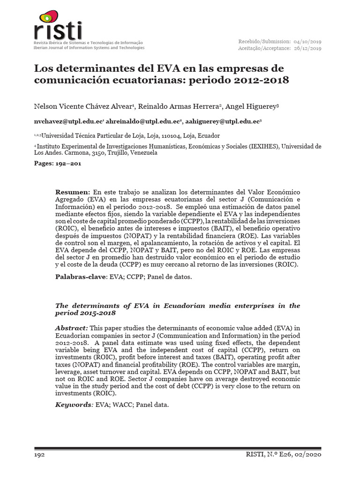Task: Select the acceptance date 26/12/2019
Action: [x=307, y=48]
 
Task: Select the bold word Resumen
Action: [x=72, y=192]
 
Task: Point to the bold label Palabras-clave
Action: [x=82, y=277]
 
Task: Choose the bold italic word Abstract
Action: [x=71, y=327]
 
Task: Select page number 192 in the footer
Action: [x=40, y=455]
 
